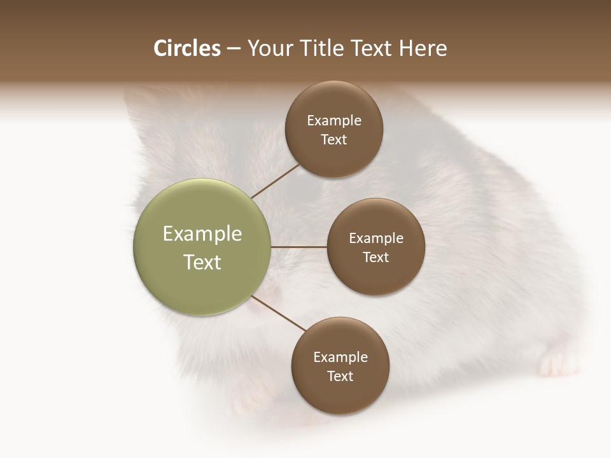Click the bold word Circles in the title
point(187,48)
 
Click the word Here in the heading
point(423,48)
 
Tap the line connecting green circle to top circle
point(275,181)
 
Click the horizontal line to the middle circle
point(298,247)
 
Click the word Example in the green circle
point(202,234)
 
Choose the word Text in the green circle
point(202,262)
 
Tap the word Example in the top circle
point(334,121)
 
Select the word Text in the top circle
point(334,140)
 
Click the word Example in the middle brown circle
point(376,239)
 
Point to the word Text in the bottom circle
point(340,377)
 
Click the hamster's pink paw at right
point(557,364)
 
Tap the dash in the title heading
point(234,49)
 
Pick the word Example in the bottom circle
point(340,357)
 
